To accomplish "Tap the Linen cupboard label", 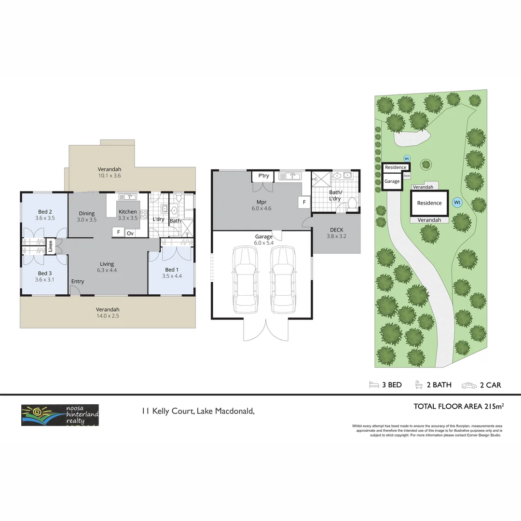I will [50, 247].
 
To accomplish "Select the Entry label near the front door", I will [77, 281].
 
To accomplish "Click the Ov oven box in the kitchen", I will [130, 233].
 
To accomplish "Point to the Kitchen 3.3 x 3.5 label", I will [128, 215].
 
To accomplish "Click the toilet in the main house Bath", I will [178, 197].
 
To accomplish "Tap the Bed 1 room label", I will [171, 270].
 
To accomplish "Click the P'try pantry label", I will [263, 176].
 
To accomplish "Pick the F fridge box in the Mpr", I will [304, 202].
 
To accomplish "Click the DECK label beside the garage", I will [336, 230].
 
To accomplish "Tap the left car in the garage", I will [245, 279].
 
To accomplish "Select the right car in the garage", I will [282, 279].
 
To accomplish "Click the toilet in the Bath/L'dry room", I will [352, 204].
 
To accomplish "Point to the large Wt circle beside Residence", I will [457, 203].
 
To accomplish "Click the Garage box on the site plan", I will [392, 181].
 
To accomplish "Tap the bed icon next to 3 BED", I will [374, 384].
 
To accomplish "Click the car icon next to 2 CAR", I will [469, 385].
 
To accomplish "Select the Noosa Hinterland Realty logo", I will [60, 415].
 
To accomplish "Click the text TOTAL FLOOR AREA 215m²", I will [458, 406].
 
